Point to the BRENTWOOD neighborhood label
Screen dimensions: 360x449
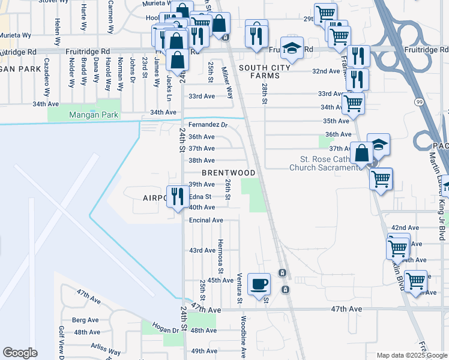(x=228, y=173)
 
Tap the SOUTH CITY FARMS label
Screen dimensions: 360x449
(x=259, y=72)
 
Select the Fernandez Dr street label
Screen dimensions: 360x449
(x=208, y=125)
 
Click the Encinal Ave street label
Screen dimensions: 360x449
(x=206, y=220)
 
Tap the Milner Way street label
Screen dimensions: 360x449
(x=229, y=83)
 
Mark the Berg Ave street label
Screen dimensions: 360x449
(x=85, y=320)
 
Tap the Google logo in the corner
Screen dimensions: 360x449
(x=20, y=352)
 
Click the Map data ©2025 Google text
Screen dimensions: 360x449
(x=411, y=355)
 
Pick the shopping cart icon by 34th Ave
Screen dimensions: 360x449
(x=353, y=104)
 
